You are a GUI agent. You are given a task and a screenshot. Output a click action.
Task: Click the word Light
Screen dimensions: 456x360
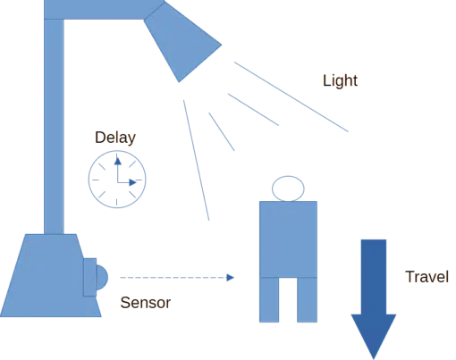click(340, 80)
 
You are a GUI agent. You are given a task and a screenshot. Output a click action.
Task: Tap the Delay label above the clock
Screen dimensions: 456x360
click(115, 138)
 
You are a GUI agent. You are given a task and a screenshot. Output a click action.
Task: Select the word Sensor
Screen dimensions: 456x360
click(146, 303)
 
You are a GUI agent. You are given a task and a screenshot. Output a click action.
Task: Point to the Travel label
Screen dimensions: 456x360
click(426, 277)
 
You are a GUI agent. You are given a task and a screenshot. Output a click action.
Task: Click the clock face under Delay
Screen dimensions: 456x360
click(117, 180)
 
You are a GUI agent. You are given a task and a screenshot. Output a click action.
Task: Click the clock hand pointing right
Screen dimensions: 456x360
click(127, 182)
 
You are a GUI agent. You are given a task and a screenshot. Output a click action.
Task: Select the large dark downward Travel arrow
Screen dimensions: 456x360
click(374, 297)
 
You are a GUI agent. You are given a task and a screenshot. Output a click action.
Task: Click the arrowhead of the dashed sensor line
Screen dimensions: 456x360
click(230, 278)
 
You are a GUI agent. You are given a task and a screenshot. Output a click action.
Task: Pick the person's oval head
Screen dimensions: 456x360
click(288, 188)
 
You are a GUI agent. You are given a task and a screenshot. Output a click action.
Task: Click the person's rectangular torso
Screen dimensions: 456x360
click(288, 239)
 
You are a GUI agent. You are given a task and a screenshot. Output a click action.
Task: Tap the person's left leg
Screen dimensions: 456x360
click(269, 299)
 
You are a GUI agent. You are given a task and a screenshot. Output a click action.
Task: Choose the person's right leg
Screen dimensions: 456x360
click(307, 299)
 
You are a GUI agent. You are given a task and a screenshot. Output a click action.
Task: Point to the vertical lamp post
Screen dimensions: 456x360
click(54, 127)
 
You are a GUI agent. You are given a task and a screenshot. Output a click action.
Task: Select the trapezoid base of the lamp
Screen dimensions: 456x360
click(51, 275)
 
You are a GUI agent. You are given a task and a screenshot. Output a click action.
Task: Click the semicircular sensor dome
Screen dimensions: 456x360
click(102, 277)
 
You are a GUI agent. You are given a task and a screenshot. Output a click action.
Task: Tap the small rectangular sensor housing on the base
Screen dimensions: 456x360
click(89, 277)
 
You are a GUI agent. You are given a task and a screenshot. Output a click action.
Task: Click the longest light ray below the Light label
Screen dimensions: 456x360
click(291, 96)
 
